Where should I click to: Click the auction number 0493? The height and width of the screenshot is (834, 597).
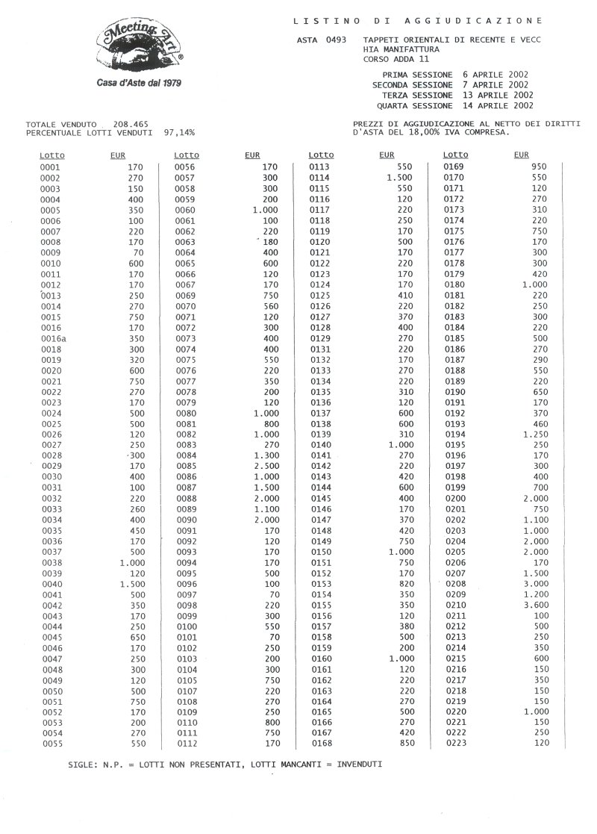(334, 39)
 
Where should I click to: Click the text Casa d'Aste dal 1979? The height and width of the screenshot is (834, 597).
(140, 83)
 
